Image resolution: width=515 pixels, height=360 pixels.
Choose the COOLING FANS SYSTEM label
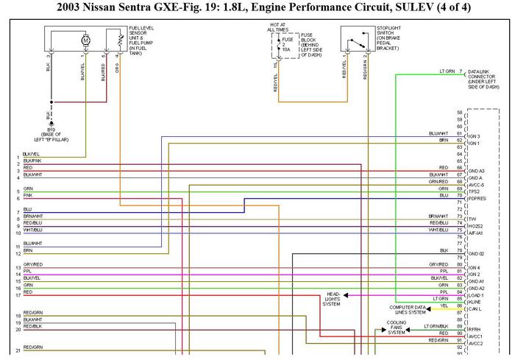(397, 327)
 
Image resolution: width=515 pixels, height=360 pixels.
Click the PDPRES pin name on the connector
(478, 198)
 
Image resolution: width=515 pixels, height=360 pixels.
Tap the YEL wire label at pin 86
(444, 305)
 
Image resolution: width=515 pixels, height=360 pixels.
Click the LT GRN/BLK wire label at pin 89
(436, 326)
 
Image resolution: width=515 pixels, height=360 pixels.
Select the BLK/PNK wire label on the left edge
(32, 160)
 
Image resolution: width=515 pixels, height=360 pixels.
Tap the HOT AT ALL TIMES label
(278, 27)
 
